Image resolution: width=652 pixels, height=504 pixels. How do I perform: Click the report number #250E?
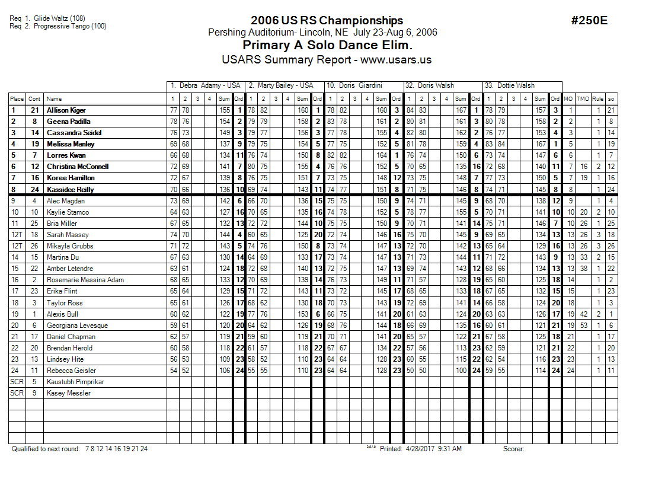pos(589,21)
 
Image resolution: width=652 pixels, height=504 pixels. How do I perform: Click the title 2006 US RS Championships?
pos(327,21)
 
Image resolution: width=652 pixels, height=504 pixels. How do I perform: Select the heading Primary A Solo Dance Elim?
pos(327,46)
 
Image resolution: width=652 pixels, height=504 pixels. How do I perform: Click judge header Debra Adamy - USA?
pos(205,85)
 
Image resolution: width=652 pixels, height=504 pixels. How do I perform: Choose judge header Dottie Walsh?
pos(510,85)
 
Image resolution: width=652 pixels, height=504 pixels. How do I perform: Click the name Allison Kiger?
pos(66,110)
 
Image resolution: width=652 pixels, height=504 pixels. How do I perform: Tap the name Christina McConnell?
pos(78,167)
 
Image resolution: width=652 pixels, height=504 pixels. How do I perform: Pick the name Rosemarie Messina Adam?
pos(85,280)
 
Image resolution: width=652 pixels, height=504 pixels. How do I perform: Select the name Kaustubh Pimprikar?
pos(75,382)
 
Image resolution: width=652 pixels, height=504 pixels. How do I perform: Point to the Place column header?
pos(17,99)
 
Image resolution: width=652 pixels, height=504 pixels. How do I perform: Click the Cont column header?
pos(35,99)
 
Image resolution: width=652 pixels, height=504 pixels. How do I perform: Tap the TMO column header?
pos(583,99)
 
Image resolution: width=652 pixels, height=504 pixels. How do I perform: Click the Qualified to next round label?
pos(46,449)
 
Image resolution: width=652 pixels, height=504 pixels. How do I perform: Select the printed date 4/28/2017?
pos(420,449)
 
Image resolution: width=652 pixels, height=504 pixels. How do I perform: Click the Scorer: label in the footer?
pos(514,449)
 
